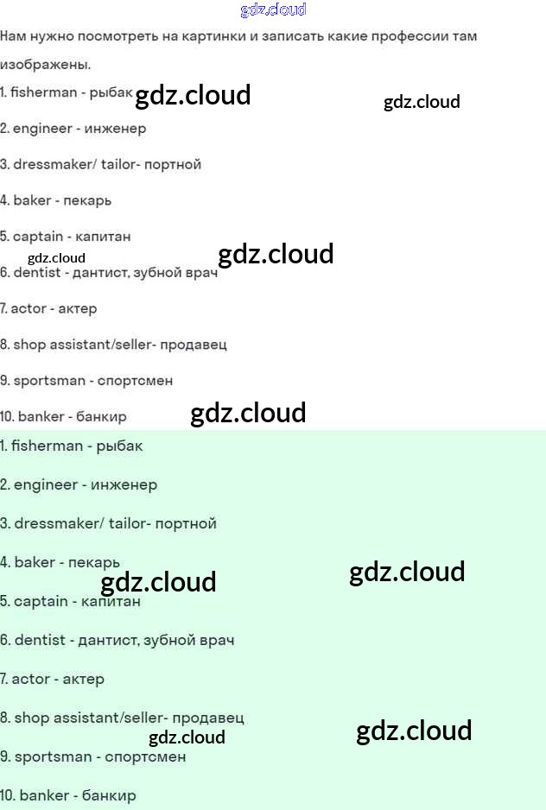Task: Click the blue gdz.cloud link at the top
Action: pos(273,10)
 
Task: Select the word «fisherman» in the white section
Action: pos(43,92)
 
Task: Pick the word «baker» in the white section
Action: pos(32,200)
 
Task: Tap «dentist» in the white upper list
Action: pos(37,273)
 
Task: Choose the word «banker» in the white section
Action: pos(41,416)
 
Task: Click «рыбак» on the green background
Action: pos(119,446)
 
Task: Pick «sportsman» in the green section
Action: pos(53,756)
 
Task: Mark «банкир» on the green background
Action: pos(109,795)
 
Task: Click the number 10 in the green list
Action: pos(7,795)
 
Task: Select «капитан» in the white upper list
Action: pos(103,237)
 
